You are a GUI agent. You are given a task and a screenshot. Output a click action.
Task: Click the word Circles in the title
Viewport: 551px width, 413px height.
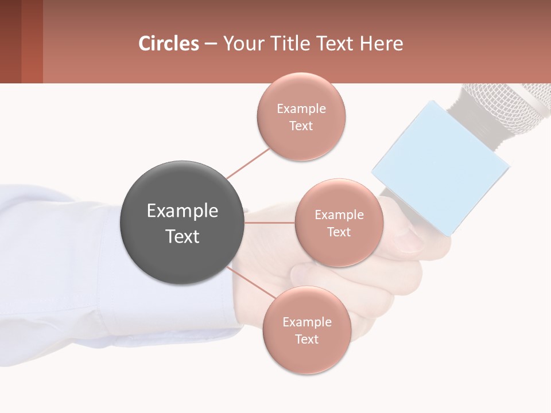pyautogui.click(x=169, y=44)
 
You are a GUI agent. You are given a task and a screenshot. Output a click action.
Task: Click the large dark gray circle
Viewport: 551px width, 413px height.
pyautogui.click(x=182, y=223)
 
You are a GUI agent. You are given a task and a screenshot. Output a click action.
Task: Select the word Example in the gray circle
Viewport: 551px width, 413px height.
pyautogui.click(x=182, y=211)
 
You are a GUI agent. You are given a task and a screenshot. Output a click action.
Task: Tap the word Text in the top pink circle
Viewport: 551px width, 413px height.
pyautogui.click(x=301, y=126)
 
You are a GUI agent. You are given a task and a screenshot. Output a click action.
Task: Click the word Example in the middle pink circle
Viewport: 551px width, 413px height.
pyautogui.click(x=339, y=215)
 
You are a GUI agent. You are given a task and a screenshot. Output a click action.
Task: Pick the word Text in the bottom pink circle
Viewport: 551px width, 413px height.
pyautogui.click(x=306, y=339)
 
